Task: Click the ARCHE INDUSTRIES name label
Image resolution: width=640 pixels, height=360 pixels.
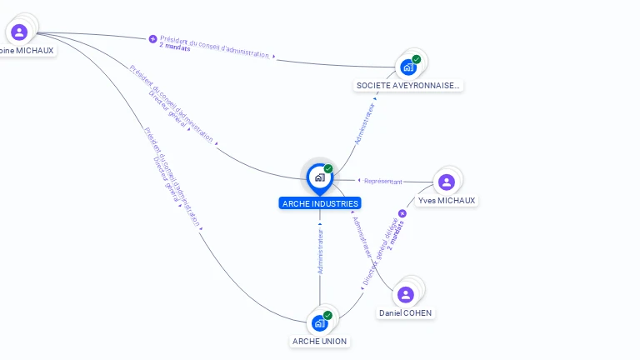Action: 320,203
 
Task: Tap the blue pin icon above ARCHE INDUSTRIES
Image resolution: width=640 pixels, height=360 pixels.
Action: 319,177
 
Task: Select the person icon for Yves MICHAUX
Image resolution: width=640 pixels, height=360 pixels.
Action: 447,182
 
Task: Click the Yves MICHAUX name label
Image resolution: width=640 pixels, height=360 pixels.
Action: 447,201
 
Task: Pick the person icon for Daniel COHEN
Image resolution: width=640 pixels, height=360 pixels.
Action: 406,294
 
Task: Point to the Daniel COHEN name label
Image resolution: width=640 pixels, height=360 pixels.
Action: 406,313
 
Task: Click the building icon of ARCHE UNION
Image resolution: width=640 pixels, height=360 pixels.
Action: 319,322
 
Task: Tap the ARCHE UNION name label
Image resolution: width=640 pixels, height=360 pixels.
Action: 320,342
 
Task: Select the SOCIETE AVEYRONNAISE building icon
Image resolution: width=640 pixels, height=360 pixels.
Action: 407,67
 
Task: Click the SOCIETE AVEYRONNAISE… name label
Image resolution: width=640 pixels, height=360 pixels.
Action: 408,85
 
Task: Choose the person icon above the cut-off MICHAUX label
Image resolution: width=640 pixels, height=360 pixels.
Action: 19,32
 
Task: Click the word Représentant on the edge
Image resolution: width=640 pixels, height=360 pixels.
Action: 383,181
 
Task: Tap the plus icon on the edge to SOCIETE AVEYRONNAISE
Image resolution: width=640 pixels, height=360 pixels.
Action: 152,38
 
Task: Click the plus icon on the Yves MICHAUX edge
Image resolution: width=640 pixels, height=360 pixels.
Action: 402,213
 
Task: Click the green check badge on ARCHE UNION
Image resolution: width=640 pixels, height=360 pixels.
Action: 327,315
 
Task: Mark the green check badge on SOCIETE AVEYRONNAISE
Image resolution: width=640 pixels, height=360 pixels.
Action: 416,59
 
